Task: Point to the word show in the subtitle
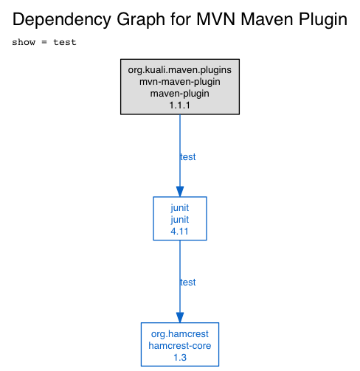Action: coord(24,42)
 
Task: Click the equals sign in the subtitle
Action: coord(44,43)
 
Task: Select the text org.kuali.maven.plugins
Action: coord(180,70)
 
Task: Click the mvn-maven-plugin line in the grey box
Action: coord(180,82)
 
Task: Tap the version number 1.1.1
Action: coord(180,105)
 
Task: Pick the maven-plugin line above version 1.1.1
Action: coord(180,94)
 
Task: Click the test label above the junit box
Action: coord(187,157)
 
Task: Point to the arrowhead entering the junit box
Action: coord(180,192)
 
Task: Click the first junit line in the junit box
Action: coord(180,208)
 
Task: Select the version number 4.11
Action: coord(179,232)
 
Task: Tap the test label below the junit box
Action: coord(187,282)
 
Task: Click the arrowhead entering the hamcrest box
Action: coord(180,318)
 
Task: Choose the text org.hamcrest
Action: coord(180,334)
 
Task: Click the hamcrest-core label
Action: coord(180,346)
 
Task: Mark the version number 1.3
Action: coord(180,358)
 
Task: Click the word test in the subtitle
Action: coord(65,42)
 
